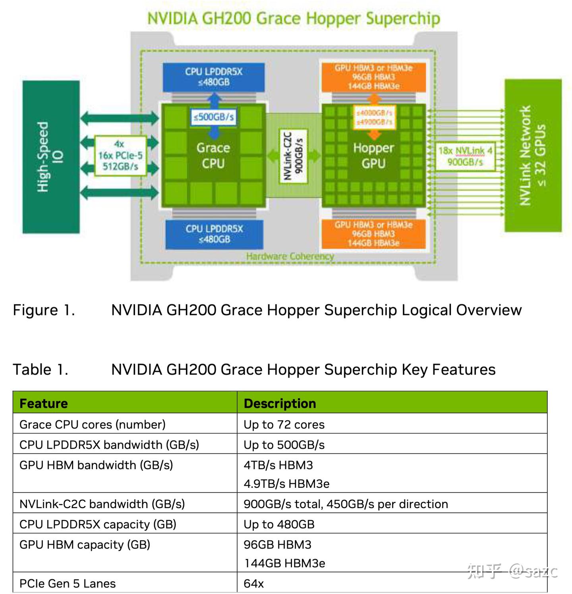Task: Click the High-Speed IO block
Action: (x=51, y=157)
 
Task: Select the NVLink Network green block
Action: (x=533, y=155)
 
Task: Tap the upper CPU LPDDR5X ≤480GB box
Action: (x=213, y=77)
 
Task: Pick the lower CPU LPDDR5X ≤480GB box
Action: (x=214, y=234)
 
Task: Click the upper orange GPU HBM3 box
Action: (x=373, y=77)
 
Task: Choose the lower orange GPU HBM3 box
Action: (x=373, y=234)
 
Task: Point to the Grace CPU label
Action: (x=213, y=155)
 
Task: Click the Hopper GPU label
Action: (x=373, y=155)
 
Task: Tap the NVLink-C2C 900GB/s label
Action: (x=294, y=156)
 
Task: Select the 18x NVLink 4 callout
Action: (x=465, y=156)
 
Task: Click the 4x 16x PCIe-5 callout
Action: (x=120, y=155)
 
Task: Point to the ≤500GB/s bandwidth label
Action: (x=214, y=117)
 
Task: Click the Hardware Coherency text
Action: (x=290, y=256)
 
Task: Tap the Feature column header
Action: (x=44, y=403)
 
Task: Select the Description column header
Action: (x=280, y=403)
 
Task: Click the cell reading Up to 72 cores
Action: (x=284, y=424)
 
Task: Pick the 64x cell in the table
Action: (x=254, y=583)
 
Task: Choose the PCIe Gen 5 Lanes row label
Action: (x=68, y=583)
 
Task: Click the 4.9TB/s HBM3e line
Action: (x=286, y=483)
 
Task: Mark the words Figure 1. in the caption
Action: (x=44, y=310)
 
